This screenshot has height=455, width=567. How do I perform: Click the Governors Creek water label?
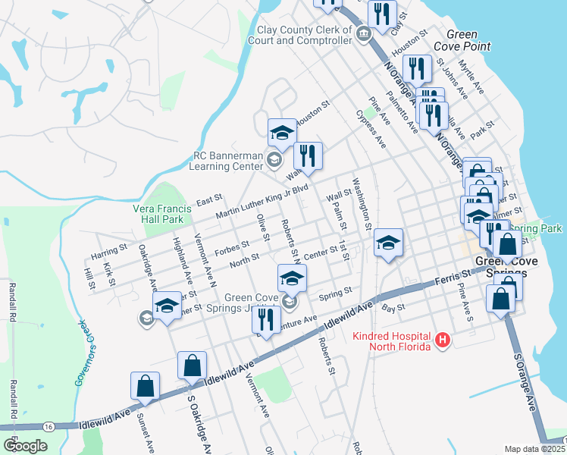pyautogui.click(x=84, y=353)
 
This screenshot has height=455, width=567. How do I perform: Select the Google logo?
pyautogui.click(x=25, y=446)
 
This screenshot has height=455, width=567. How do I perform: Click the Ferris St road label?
pyautogui.click(x=452, y=279)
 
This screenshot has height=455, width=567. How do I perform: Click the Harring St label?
pyautogui.click(x=108, y=249)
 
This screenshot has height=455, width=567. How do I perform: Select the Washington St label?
pyautogui.click(x=362, y=203)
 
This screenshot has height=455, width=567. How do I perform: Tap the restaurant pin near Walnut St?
pyautogui.click(x=308, y=155)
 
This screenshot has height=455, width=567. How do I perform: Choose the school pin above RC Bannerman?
pyautogui.click(x=282, y=132)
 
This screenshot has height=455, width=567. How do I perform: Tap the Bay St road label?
pyautogui.click(x=390, y=308)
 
